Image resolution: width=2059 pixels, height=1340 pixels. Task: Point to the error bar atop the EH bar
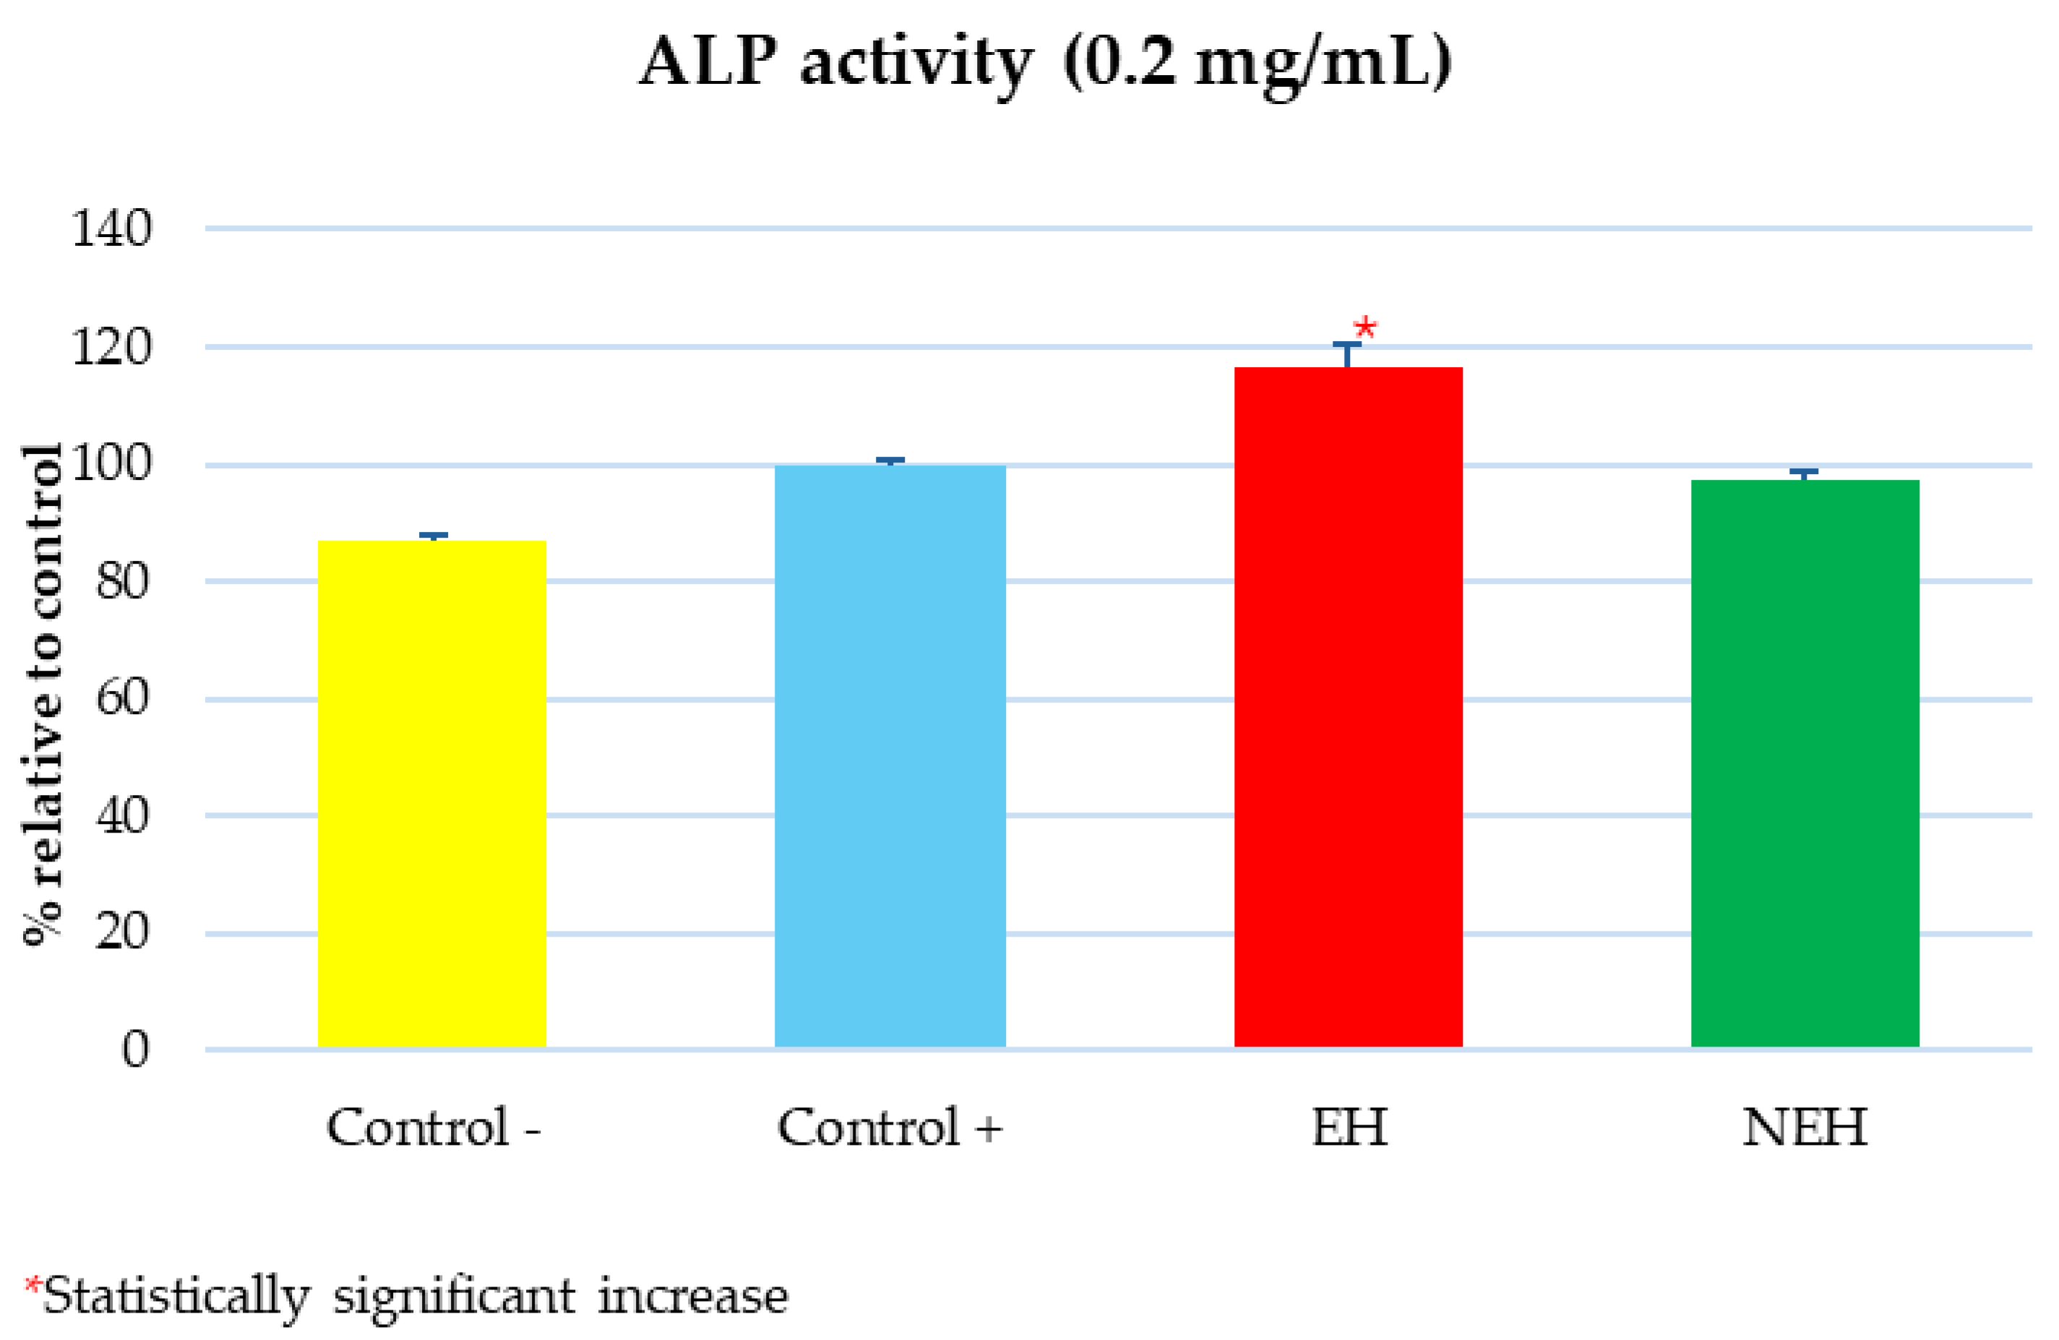(1347, 354)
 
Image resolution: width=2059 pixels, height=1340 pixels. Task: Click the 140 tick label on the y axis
(111, 229)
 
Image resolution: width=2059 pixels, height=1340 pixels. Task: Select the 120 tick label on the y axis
(111, 348)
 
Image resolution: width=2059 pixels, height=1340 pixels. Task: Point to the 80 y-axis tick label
(122, 580)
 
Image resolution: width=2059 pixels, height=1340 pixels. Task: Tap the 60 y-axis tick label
(122, 697)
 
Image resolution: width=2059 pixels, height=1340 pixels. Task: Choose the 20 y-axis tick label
(122, 932)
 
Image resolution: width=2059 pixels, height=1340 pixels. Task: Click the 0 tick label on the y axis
(135, 1049)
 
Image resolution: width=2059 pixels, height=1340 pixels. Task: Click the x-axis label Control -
(433, 1128)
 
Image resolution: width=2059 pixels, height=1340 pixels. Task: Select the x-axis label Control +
(890, 1128)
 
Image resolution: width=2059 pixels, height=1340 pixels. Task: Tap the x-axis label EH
(1349, 1128)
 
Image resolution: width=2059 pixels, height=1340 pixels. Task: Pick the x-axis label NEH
(1805, 1128)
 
